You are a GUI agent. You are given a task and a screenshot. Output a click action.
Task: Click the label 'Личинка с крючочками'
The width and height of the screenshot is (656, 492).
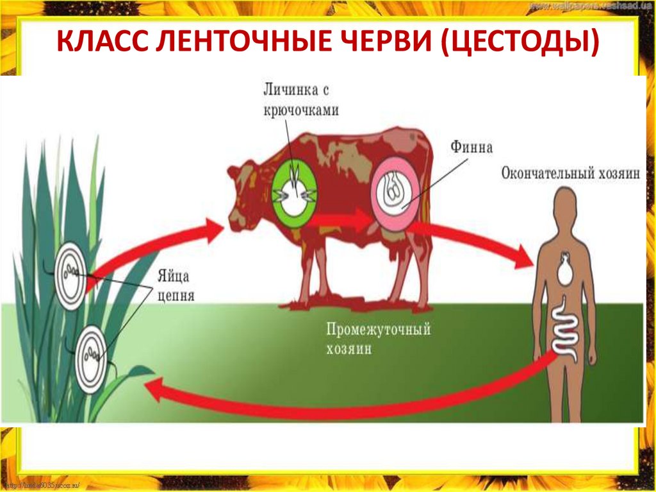pyautogui.click(x=300, y=99)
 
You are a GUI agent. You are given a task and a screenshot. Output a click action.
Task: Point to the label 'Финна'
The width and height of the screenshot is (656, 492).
pyautogui.click(x=471, y=148)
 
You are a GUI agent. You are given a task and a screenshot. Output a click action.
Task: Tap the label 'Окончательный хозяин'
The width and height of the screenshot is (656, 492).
pyautogui.click(x=571, y=174)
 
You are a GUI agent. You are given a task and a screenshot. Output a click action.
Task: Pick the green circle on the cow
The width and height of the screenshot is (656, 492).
pyautogui.click(x=295, y=191)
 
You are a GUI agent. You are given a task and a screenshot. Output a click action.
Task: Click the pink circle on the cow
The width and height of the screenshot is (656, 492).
pyautogui.click(x=396, y=192)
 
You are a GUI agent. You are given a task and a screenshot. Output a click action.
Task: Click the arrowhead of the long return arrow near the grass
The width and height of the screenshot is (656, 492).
pyautogui.click(x=154, y=387)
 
